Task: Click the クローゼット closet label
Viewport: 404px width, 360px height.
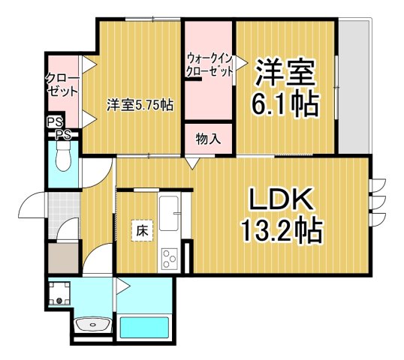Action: click(x=62, y=84)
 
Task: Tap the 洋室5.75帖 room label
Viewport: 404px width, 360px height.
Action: click(x=140, y=104)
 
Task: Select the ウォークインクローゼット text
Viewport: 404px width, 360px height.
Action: click(x=210, y=65)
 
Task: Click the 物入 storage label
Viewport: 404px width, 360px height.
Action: click(x=209, y=139)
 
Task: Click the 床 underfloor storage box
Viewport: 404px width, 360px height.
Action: click(x=141, y=231)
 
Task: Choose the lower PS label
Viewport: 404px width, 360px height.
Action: click(x=62, y=135)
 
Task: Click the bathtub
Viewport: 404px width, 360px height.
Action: click(x=146, y=328)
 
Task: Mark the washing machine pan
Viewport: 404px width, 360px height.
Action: click(x=59, y=292)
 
